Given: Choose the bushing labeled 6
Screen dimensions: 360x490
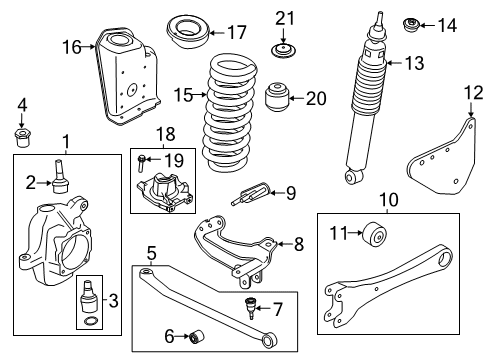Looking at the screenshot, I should click(x=196, y=334).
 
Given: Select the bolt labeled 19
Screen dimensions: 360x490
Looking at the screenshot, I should click(x=144, y=158).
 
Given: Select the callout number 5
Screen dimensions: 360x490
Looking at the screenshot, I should click(x=150, y=252).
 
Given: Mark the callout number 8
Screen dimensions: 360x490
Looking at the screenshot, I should click(x=296, y=242).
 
